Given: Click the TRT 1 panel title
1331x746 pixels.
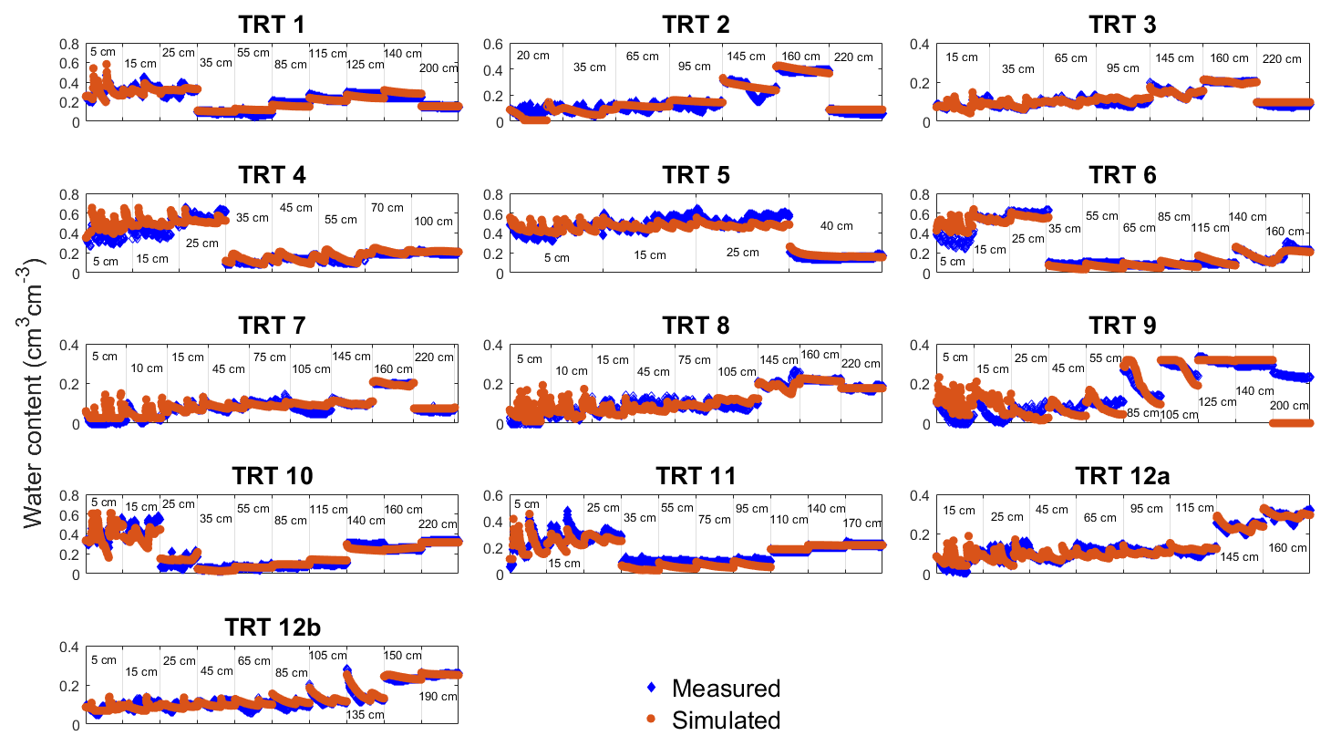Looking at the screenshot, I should (272, 25).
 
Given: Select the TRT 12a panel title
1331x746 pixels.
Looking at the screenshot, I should (1122, 476).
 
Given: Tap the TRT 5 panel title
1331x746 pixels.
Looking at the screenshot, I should (696, 175).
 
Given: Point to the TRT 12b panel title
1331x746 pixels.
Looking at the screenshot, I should (273, 627).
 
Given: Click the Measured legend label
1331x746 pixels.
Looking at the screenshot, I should (726, 689).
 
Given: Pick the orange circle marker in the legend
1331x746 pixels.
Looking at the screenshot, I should (651, 720).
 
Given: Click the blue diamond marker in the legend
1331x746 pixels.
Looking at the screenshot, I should (651, 688).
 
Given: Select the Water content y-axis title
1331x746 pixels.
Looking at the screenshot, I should (32, 395).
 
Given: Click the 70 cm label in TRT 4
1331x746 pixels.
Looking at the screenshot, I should (387, 208).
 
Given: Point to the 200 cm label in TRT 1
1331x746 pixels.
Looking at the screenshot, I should (439, 68).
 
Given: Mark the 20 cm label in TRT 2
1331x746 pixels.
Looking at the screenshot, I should (533, 56).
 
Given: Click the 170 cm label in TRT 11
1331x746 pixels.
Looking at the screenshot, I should (862, 523).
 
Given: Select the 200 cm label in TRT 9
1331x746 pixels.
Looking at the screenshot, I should (1289, 406).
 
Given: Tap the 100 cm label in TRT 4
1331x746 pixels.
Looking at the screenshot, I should (433, 222).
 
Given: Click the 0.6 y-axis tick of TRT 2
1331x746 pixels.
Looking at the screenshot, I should (493, 45).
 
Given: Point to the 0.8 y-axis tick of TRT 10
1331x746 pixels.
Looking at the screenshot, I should (69, 496).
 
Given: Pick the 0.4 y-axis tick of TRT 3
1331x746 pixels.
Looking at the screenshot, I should (920, 45).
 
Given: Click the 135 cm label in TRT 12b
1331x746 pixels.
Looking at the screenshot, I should (365, 715).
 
